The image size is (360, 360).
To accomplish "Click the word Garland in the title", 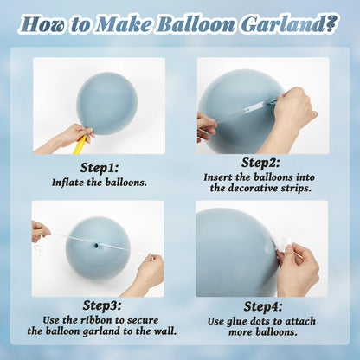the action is (284, 23).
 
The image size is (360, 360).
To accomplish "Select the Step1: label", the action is (100, 168).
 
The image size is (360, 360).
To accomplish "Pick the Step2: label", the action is (260, 163).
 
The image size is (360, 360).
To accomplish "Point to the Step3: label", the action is (102, 305).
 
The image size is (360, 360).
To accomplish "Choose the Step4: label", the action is (263, 306).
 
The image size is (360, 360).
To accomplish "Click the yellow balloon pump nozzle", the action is (80, 144).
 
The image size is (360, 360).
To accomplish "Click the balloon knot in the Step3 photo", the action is (96, 246).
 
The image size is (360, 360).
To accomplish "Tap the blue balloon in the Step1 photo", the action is (106, 103).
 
